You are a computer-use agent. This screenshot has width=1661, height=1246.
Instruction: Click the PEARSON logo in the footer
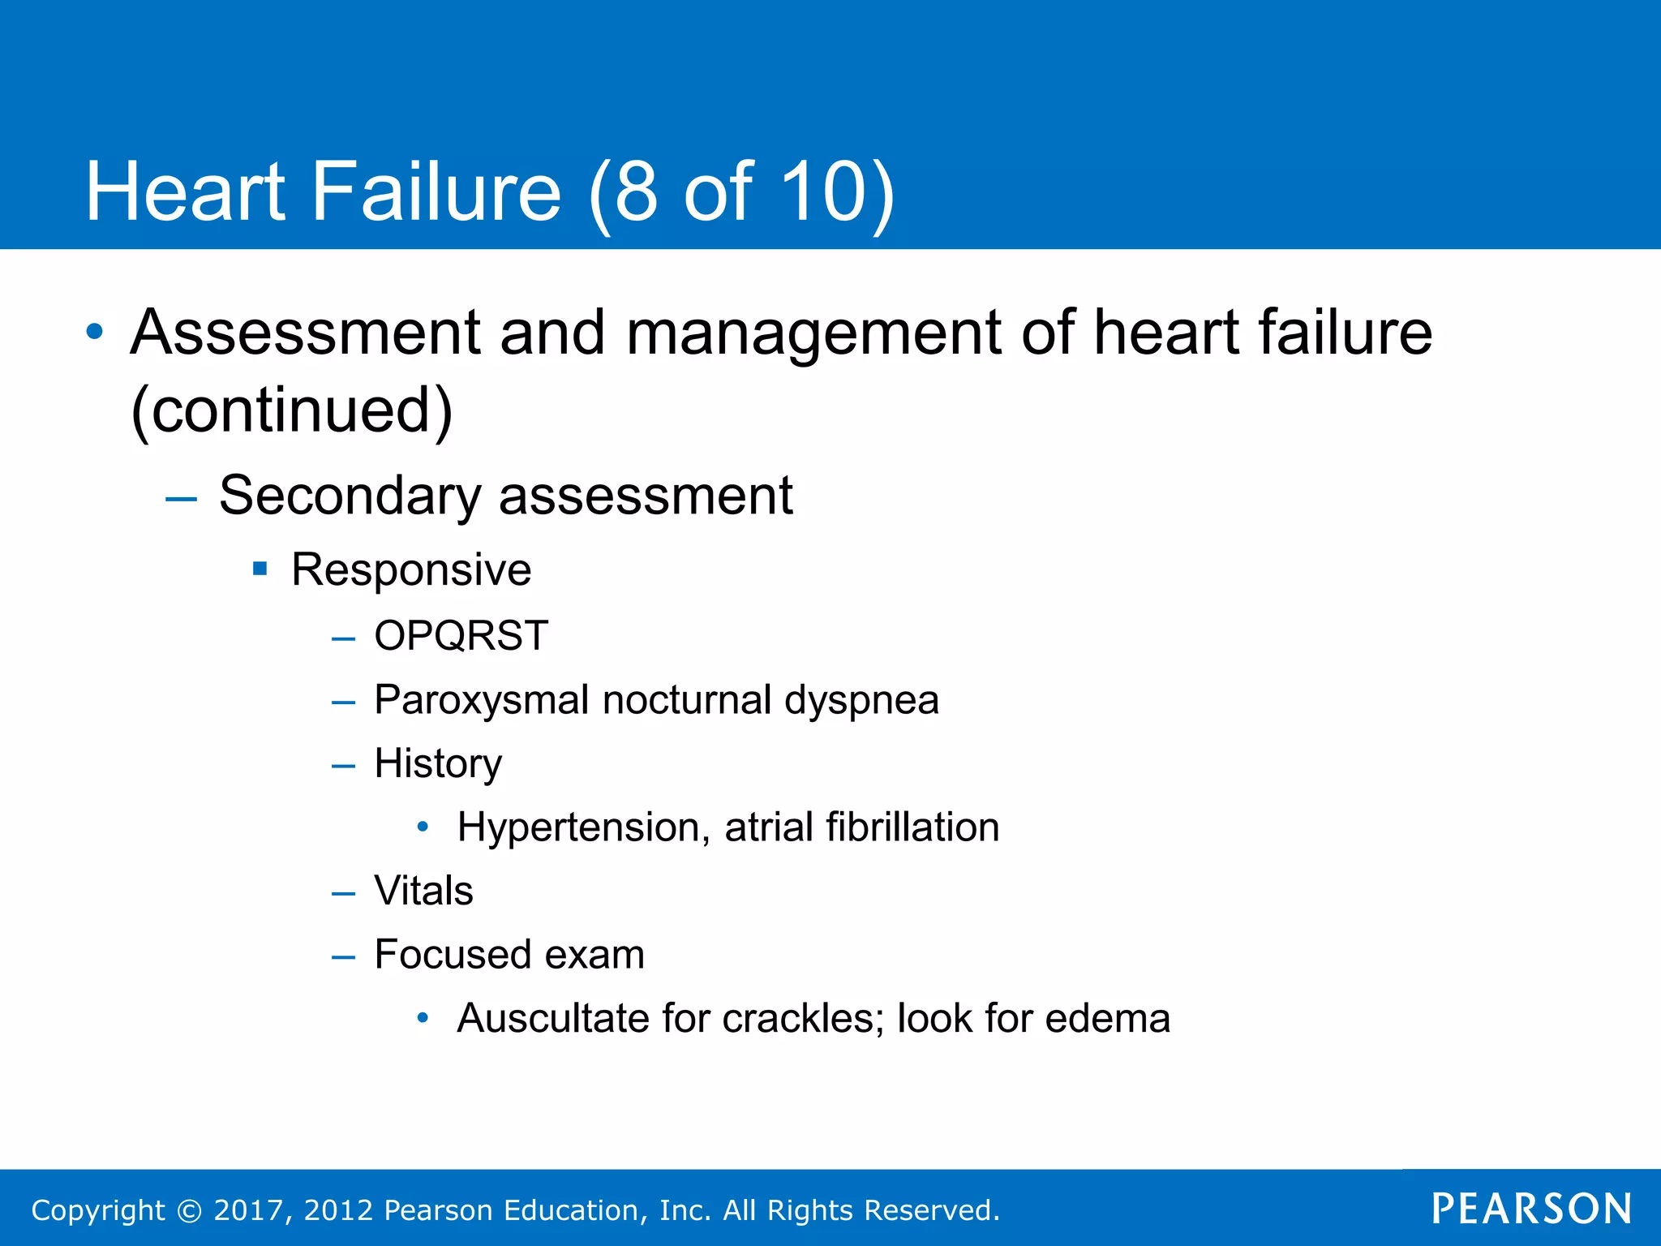click(x=1532, y=1209)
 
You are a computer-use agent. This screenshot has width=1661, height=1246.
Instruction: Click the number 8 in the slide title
click(x=636, y=191)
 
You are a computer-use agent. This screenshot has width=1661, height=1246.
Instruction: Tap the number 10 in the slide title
click(x=823, y=191)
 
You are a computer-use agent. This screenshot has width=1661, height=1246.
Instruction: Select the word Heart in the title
click(x=186, y=191)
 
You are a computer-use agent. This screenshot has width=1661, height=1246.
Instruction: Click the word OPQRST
click(x=461, y=635)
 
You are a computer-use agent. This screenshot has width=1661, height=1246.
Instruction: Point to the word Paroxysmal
click(x=481, y=700)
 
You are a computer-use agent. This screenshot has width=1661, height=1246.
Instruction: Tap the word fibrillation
click(x=912, y=827)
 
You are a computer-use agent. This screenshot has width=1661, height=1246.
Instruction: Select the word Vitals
click(x=423, y=891)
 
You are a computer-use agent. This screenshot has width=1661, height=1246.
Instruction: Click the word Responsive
click(x=411, y=569)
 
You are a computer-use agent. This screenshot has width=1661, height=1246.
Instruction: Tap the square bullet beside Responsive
click(x=260, y=569)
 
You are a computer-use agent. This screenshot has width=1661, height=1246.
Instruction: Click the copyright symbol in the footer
click(x=189, y=1210)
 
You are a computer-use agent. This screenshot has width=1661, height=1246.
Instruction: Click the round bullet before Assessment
click(x=95, y=332)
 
